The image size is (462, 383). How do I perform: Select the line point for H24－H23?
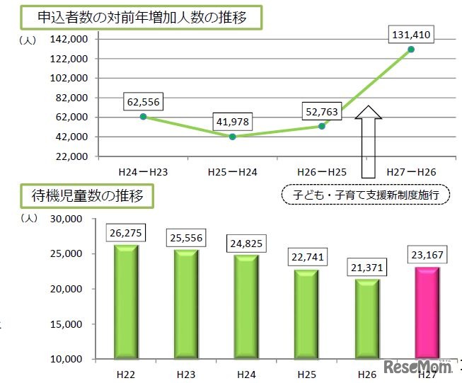144,117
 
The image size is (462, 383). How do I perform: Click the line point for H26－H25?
322,126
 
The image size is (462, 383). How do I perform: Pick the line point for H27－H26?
411,49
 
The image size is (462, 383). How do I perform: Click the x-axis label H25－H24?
232,171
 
